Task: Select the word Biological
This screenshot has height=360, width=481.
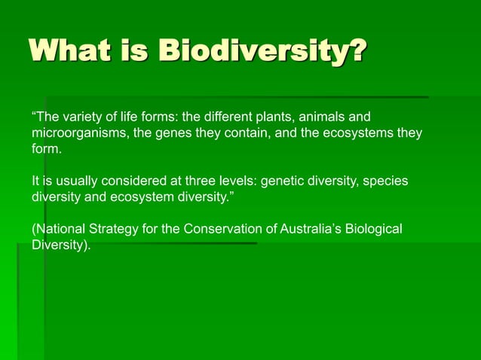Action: pos(375,230)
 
